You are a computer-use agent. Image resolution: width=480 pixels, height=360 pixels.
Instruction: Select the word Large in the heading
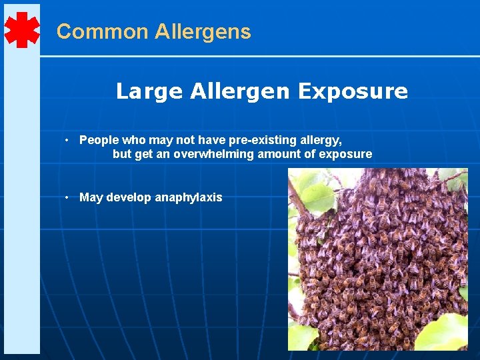coord(149,91)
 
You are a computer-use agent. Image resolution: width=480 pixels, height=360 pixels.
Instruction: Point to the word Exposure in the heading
coord(353,91)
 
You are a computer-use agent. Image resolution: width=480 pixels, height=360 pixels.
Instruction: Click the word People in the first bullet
coord(98,140)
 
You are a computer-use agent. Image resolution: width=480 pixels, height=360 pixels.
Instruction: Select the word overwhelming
coord(214,154)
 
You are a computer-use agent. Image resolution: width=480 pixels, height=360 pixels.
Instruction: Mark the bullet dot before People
coord(68,140)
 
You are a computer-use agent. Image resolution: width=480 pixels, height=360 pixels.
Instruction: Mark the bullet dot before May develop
coord(68,197)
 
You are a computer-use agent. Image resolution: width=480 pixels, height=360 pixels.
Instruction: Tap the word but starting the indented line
coord(122,154)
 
